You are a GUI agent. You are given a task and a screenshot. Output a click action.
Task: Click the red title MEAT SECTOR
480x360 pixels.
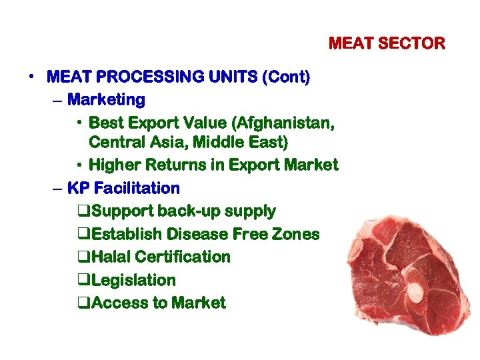387,44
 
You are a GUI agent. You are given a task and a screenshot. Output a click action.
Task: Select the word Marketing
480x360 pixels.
107,100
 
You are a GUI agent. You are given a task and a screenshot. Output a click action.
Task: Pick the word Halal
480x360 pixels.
113,257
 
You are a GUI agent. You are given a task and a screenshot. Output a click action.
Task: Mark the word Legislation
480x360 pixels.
133,281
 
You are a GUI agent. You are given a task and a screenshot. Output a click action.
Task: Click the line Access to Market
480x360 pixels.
158,303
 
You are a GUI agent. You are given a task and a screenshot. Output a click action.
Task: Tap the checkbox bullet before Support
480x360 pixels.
83,212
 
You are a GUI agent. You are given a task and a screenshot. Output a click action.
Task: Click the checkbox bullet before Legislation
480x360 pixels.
83,281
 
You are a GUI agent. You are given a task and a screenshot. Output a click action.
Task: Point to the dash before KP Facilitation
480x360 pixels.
57,189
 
